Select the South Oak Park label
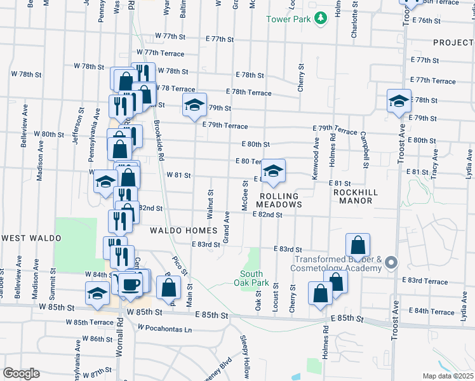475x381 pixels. (x=252, y=278)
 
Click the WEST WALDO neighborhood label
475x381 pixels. (x=31, y=238)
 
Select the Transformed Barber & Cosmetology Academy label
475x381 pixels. (x=337, y=263)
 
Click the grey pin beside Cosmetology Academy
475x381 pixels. (x=391, y=262)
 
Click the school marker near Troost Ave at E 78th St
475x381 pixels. (x=399, y=101)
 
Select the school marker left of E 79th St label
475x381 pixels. (x=194, y=105)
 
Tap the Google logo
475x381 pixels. (x=21, y=373)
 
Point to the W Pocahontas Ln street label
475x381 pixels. (x=164, y=330)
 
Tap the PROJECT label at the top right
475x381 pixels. (x=453, y=43)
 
